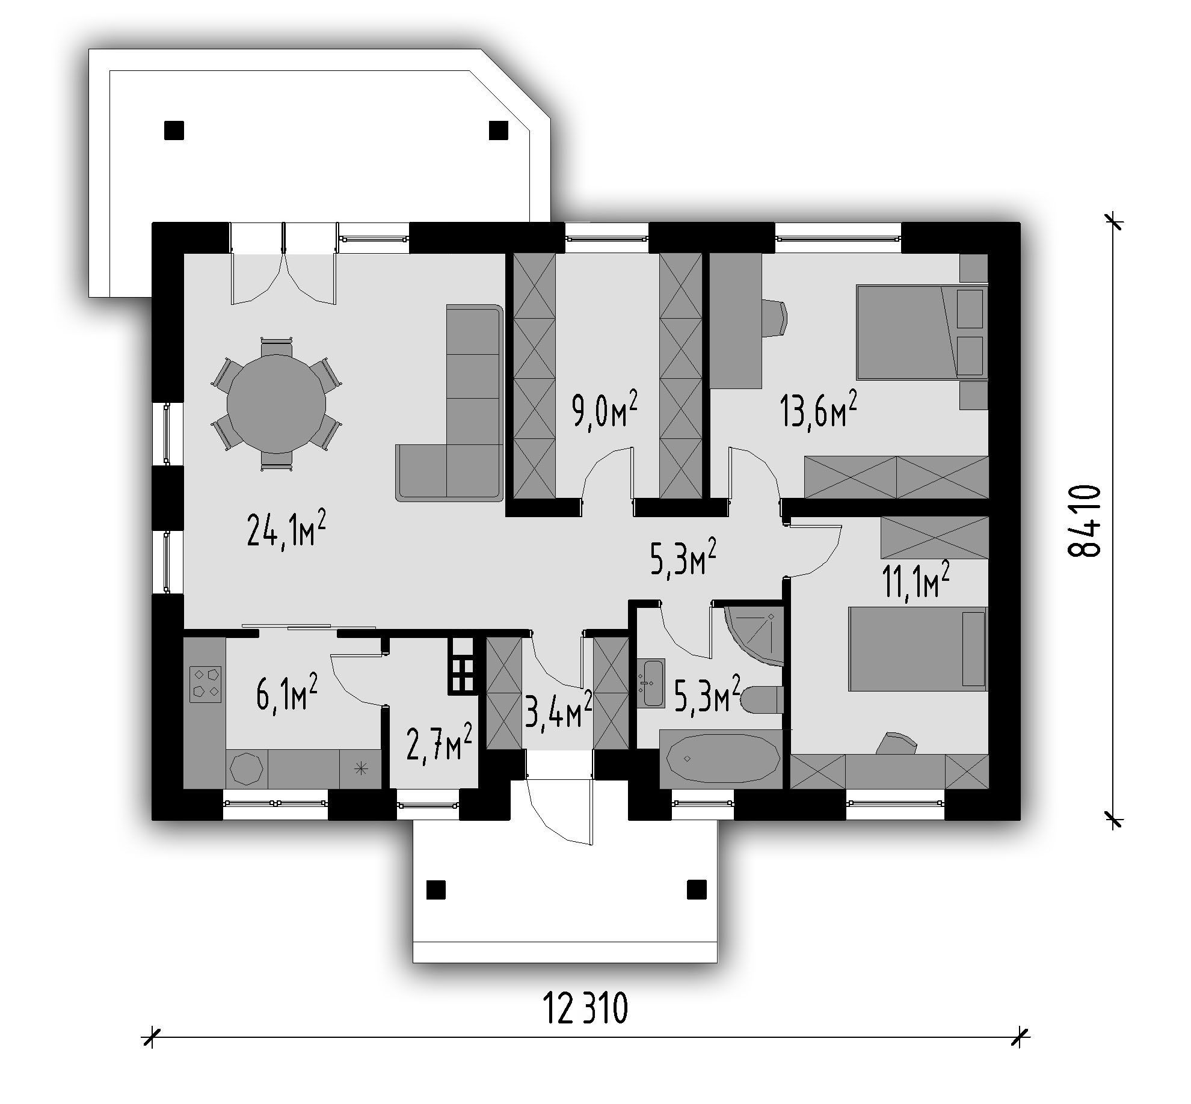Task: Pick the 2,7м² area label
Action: pos(439,743)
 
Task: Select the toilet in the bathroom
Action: pos(762,700)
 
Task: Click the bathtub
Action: pos(721,759)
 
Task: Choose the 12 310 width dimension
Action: pos(585,1008)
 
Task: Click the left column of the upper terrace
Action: pos(174,130)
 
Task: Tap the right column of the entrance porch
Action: pos(697,889)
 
